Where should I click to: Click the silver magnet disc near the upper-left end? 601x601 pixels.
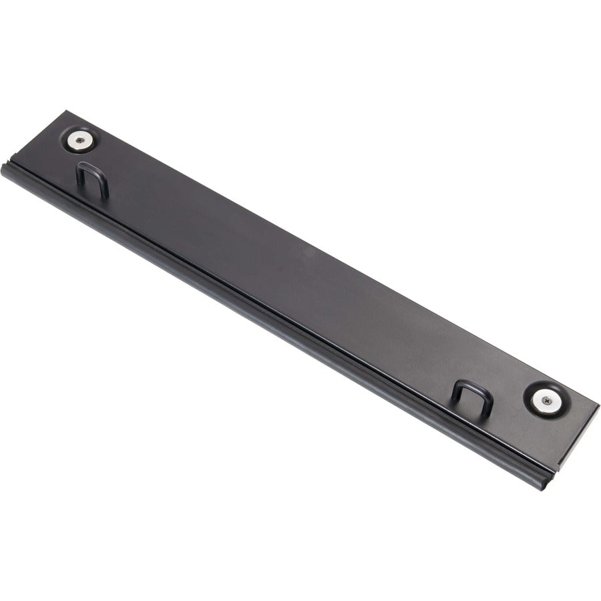click(80, 140)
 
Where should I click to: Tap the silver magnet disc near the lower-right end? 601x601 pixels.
click(546, 401)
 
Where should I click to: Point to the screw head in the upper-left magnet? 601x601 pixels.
click(80, 140)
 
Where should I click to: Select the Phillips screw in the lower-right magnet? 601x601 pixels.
click(546, 401)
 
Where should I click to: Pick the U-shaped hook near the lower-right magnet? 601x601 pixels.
click(472, 396)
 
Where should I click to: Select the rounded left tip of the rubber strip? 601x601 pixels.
click(6, 170)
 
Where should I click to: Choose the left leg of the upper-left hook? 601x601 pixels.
click(79, 175)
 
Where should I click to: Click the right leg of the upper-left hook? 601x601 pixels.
click(106, 188)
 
